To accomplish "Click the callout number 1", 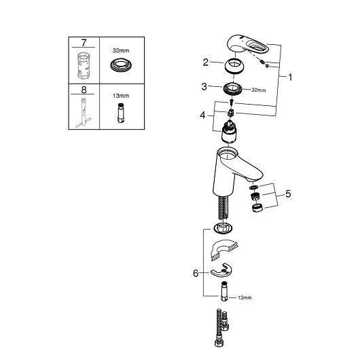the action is coord(290,77).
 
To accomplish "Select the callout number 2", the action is coord(206,62).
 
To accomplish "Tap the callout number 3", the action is coord(204,86).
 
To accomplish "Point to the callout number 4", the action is coord(202,115).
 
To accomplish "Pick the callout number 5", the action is coord(288,194).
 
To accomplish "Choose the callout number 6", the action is coord(196,273).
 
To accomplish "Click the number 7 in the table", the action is coord(84,43).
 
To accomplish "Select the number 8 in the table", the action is coord(84,90).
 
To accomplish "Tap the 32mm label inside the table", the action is coord(121,50).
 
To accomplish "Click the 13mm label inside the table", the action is coord(121,96).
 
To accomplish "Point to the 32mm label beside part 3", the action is coord(259,90).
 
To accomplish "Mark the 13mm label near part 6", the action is coord(245,298).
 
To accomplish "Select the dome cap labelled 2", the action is coord(234,66).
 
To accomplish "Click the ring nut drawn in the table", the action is coord(121,65).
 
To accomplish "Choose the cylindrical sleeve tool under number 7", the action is coord(84,65).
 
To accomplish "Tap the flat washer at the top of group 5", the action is coord(254,187).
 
